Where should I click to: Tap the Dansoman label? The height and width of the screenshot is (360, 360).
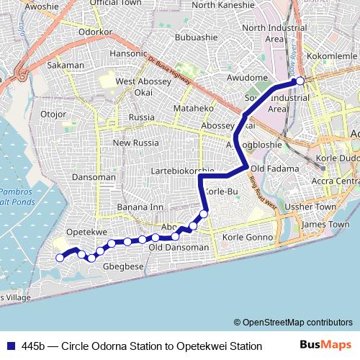tap(94, 176)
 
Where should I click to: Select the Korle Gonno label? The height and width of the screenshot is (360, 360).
tap(248, 237)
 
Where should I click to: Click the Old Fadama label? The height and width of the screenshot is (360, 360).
tap(269, 168)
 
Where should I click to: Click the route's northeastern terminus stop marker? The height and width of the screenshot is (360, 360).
tap(301, 81)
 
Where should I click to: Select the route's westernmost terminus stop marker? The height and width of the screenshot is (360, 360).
tap(60, 258)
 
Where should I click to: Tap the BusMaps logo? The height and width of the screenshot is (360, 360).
tap(325, 346)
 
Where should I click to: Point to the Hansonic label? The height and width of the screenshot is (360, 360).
tap(127, 54)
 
